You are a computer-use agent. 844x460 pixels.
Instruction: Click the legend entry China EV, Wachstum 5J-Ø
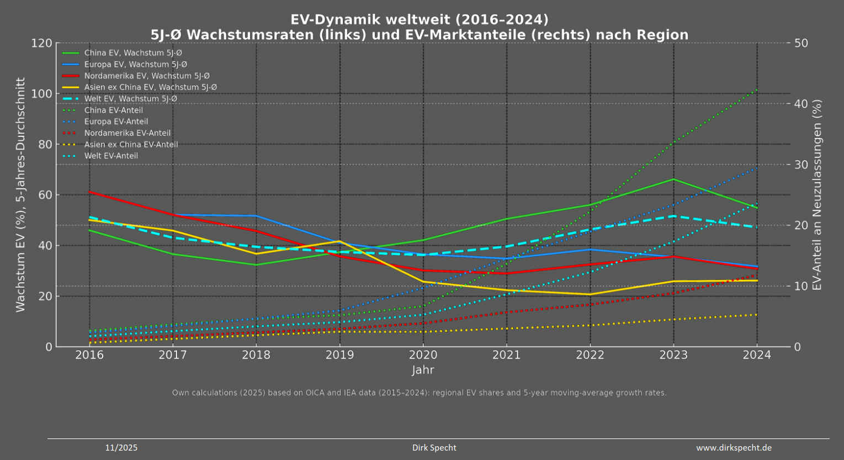pos(133,53)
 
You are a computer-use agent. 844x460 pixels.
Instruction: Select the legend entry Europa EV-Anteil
pos(116,121)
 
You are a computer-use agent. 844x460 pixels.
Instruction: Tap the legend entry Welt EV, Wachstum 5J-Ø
pos(130,99)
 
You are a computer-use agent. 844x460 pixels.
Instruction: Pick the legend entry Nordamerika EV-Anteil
pos(127,133)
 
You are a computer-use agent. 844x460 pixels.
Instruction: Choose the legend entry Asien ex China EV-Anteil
pos(131,145)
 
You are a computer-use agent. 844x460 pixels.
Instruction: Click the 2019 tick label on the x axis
pos(339,355)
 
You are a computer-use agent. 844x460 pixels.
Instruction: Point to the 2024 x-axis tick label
pos(756,355)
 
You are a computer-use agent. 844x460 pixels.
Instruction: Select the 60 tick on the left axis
pos(45,195)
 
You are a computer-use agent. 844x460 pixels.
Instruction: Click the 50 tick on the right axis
pos(800,43)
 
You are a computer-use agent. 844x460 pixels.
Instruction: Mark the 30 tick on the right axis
pos(800,165)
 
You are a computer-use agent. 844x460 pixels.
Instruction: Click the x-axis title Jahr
pos(423,370)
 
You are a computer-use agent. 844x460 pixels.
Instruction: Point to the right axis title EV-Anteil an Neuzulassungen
pos(818,195)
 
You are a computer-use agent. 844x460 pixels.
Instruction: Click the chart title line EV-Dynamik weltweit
pos(420,20)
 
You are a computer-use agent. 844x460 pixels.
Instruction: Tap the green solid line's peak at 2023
pos(673,179)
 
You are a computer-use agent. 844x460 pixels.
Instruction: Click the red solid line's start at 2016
pos(89,192)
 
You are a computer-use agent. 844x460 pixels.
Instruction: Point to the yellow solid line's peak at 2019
pos(339,241)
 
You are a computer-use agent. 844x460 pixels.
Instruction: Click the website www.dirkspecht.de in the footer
pos(734,448)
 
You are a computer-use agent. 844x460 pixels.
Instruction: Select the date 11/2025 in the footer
pos(121,448)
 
